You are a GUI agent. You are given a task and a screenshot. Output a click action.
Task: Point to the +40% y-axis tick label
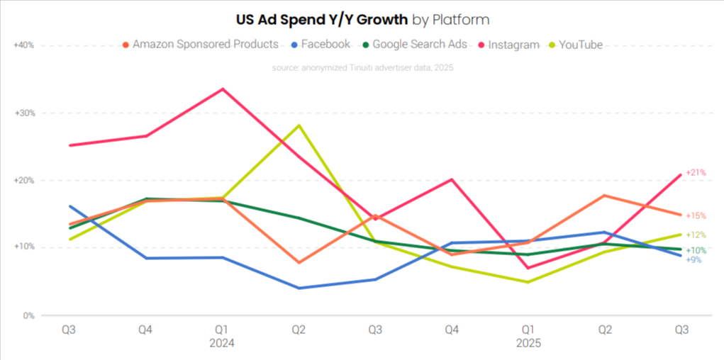pos(24,45)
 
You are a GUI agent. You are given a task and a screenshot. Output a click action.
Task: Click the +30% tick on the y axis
pos(24,113)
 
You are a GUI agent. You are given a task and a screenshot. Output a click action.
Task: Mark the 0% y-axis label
pos(28,315)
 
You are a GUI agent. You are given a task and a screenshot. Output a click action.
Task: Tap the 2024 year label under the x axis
pos(221,343)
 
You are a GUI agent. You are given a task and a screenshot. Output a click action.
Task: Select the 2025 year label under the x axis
pos(528,343)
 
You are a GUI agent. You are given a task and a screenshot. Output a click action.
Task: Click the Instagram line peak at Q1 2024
pos(222,89)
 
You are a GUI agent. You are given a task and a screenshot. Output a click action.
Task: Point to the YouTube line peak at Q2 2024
pos(299,125)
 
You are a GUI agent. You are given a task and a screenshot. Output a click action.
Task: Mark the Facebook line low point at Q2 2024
pos(299,288)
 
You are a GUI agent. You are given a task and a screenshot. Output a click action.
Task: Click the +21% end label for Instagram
pos(696,173)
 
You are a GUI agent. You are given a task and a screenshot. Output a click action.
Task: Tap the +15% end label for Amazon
pos(696,215)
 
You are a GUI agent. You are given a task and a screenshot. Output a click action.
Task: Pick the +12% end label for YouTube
pos(696,235)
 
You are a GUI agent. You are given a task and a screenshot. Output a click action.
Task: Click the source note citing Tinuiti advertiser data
pos(362,68)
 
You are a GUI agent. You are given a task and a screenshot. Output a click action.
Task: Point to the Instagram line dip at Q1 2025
pos(528,268)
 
